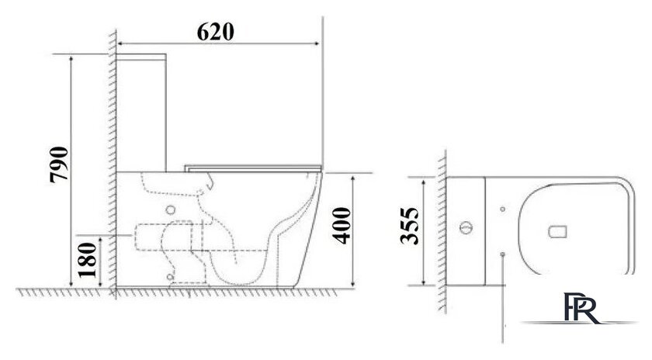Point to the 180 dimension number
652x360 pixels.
pyautogui.click(x=88, y=261)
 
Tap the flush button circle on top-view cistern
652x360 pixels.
pyautogui.click(x=466, y=228)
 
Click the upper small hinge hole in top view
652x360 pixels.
pyautogui.click(x=502, y=209)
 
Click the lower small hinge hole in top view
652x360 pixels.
pyautogui.click(x=502, y=253)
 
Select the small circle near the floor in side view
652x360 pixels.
pyautogui.click(x=169, y=277)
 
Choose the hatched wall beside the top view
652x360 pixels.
pyautogui.click(x=442, y=233)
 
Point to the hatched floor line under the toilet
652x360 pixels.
pyautogui.click(x=194, y=293)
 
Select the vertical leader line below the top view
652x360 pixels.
pyautogui.click(x=505, y=303)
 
